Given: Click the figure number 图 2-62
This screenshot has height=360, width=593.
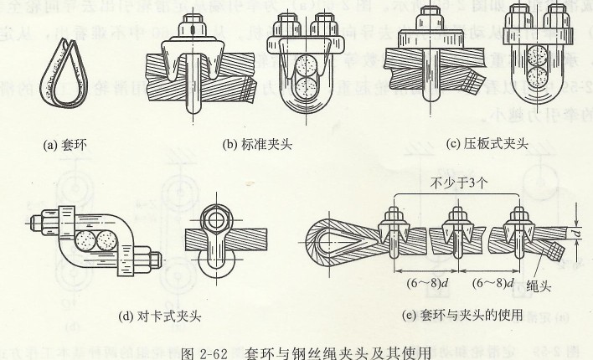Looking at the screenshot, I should pyautogui.click(x=208, y=352).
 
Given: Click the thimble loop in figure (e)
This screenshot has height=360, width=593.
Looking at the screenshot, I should pyautogui.click(x=335, y=238).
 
